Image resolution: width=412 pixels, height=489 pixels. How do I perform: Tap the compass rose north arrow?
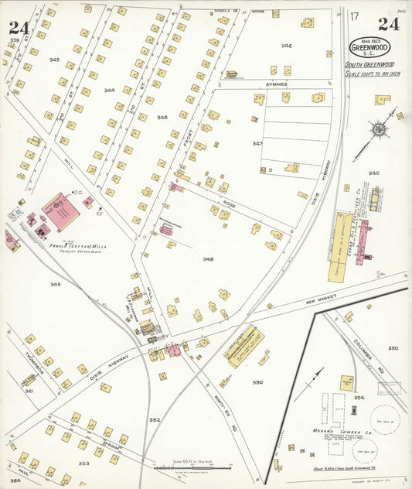(380, 131)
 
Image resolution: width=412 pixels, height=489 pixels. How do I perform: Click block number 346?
(287, 46)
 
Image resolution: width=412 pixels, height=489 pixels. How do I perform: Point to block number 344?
(110, 91)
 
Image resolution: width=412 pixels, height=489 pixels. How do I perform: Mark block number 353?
(83, 463)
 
